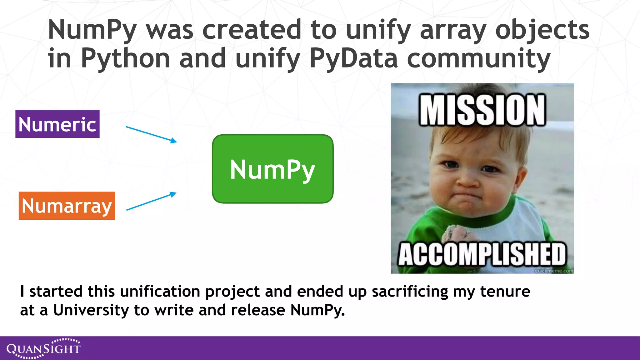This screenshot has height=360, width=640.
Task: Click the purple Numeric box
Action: tap(57, 124)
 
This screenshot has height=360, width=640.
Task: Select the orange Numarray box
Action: tap(67, 206)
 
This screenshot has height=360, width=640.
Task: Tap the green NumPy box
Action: tap(273, 169)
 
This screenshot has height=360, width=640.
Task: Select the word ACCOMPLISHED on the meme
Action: tap(482, 254)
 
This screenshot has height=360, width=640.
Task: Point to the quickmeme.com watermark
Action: tap(554, 271)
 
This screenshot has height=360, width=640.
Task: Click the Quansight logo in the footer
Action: tap(43, 348)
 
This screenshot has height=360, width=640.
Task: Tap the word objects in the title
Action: tap(542, 30)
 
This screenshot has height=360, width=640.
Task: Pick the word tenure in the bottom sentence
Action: tap(505, 291)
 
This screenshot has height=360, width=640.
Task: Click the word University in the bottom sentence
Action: tap(91, 310)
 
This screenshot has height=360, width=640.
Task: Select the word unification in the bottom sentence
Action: tap(160, 291)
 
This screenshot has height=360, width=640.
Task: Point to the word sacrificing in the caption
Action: tap(410, 291)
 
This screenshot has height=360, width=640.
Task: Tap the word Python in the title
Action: tap(125, 58)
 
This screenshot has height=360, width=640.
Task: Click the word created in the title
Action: tap(252, 30)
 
